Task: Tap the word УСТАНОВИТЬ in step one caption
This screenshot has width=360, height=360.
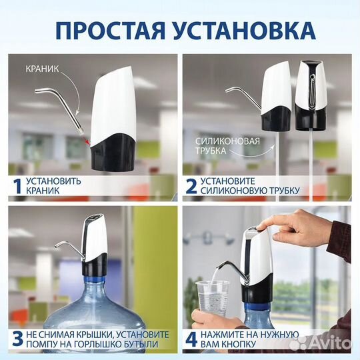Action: pyautogui.click(x=57, y=180)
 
